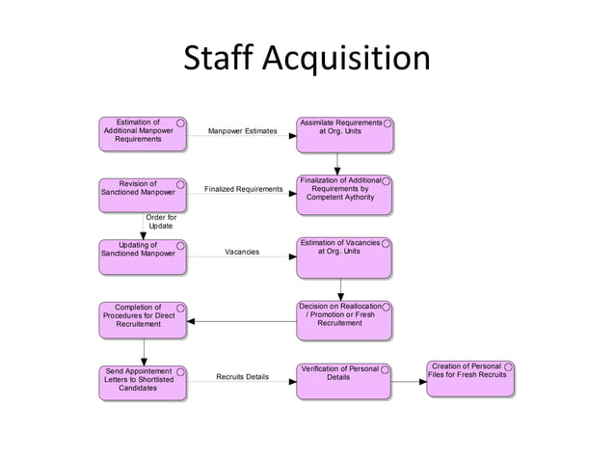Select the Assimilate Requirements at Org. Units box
tap(344, 134)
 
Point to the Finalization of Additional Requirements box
tap(344, 194)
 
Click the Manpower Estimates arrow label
tap(242, 130)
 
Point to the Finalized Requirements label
tap(243, 190)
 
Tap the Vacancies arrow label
tap(242, 252)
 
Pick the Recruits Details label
tap(242, 376)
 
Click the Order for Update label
tap(160, 222)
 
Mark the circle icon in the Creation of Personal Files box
tap(508, 367)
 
